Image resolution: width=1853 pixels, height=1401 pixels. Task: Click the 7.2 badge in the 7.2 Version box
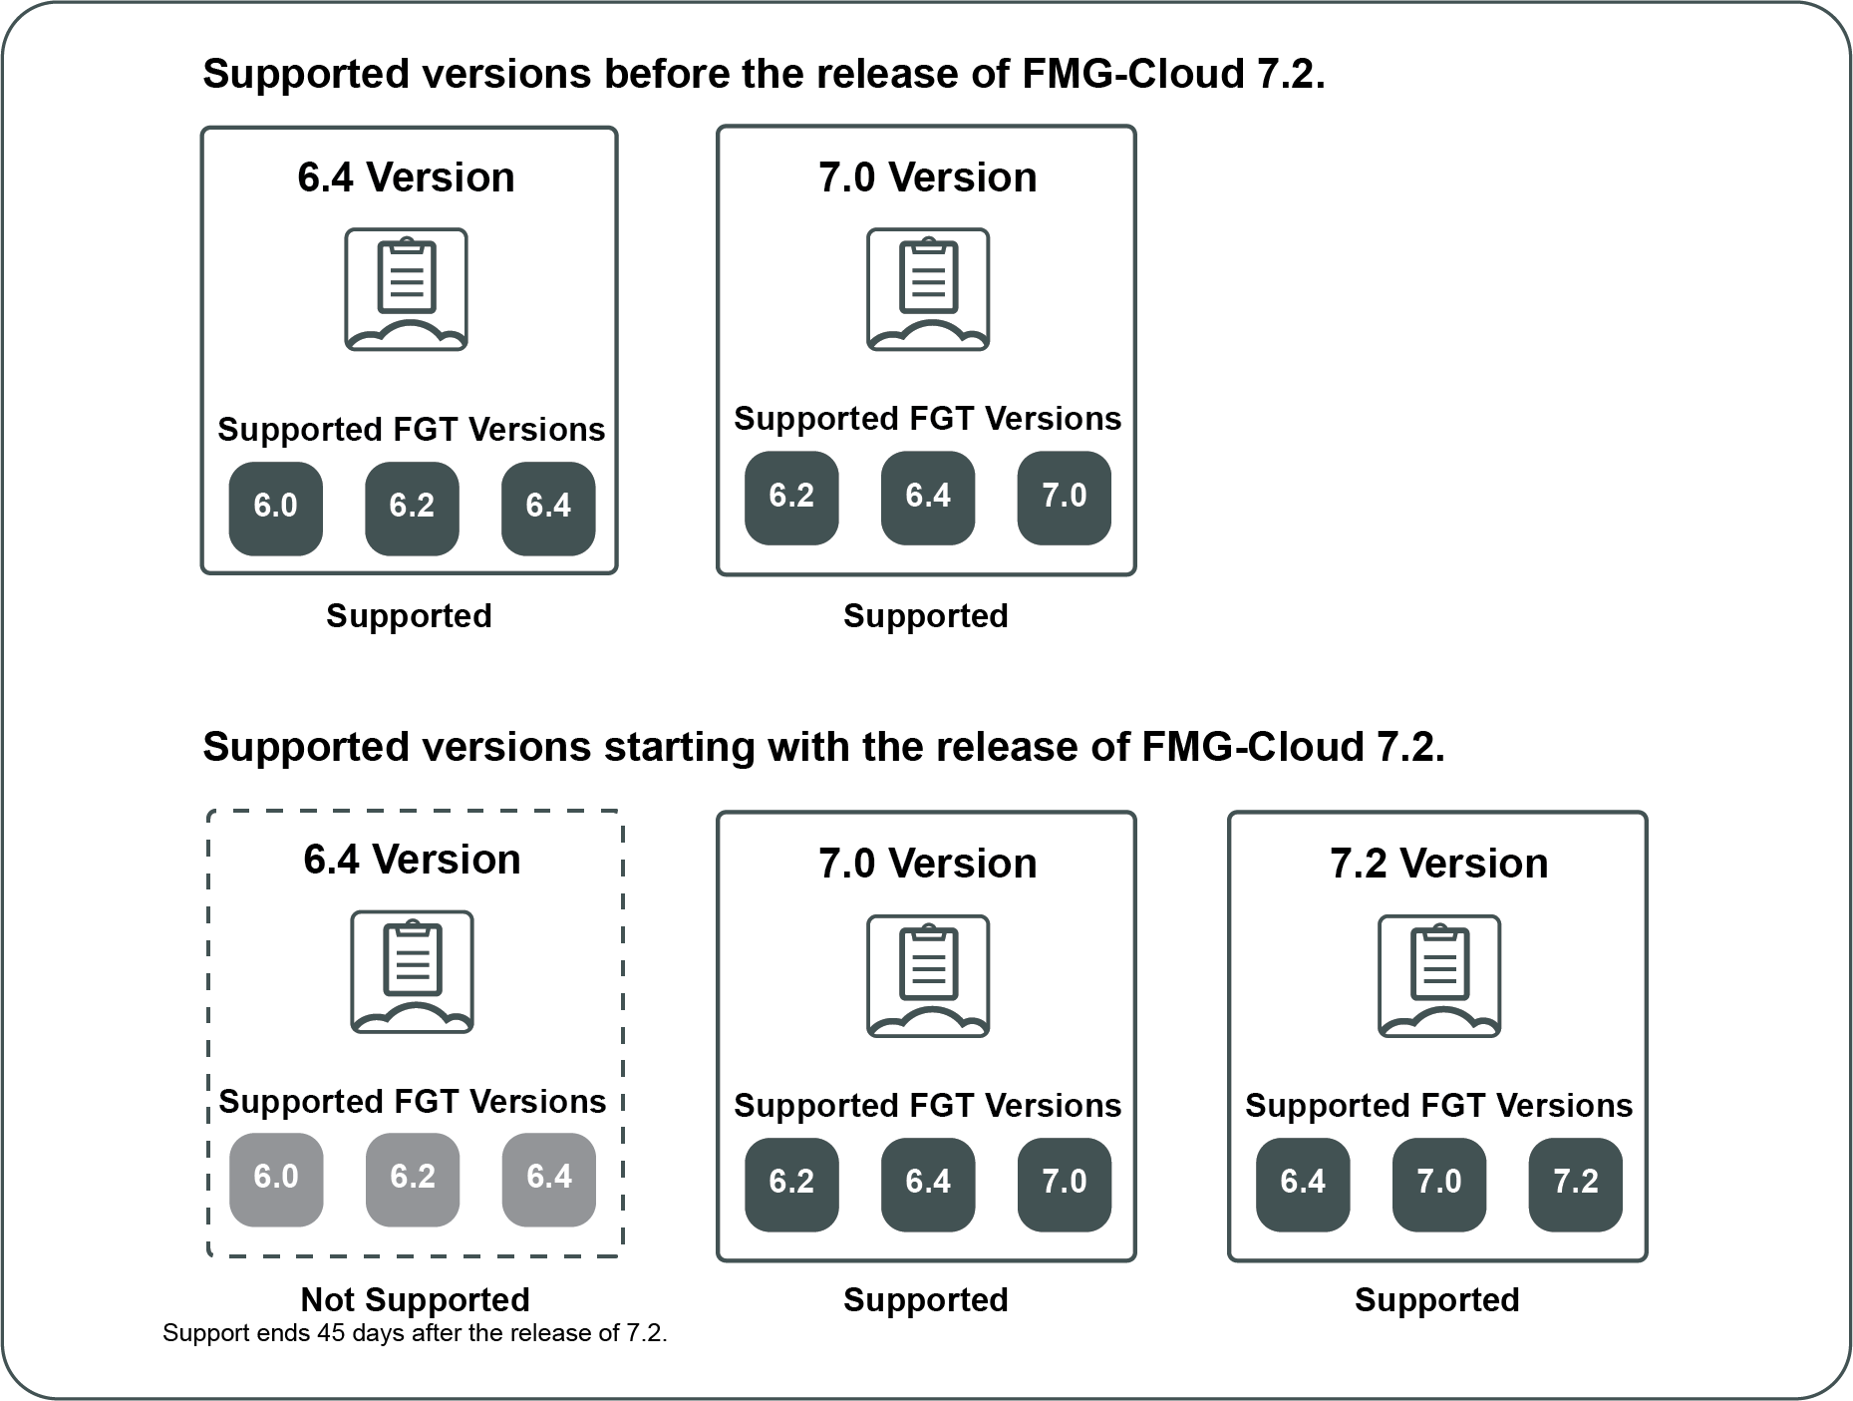1575,1183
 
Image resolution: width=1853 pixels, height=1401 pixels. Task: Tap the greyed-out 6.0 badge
276,1179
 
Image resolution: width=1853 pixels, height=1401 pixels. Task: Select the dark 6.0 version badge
276,508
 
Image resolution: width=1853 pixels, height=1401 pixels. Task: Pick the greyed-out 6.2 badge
413,1179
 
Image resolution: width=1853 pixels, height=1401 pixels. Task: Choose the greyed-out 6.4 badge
549,1179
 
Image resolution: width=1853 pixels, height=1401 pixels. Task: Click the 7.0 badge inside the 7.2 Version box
1438,1183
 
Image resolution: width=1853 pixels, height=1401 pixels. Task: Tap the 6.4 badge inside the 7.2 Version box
1303,1183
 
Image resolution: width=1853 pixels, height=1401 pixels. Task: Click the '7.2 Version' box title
1438,864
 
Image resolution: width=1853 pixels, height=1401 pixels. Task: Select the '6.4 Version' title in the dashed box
412,860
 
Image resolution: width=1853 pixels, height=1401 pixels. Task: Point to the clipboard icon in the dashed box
412,971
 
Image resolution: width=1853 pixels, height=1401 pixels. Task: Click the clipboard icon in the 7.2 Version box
1438,976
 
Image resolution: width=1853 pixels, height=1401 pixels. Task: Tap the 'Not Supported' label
415,1299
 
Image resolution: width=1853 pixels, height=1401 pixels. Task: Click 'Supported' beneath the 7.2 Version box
1436,1299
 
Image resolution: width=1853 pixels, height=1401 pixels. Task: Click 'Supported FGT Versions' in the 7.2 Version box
1438,1105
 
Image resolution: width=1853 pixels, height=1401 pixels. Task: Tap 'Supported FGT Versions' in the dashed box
413,1101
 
